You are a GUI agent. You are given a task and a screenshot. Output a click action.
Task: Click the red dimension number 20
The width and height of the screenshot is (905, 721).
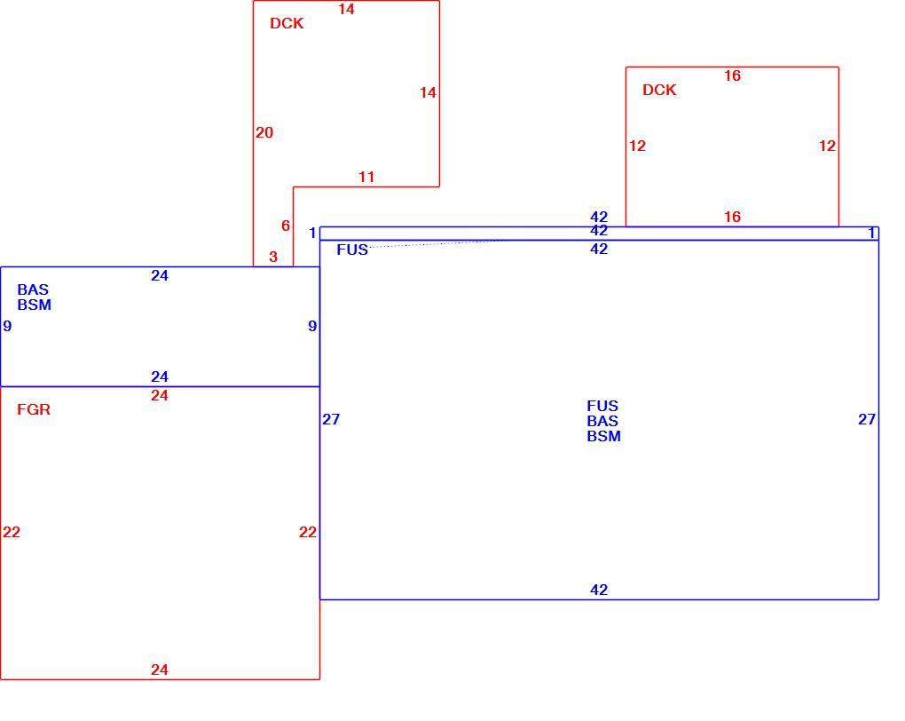tap(264, 133)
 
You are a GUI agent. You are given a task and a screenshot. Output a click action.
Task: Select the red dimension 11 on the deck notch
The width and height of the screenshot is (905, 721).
tap(366, 177)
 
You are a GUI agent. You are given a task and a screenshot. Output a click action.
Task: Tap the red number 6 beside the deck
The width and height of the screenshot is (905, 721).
tap(286, 226)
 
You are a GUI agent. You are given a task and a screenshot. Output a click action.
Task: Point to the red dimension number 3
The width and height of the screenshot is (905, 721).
tap(273, 257)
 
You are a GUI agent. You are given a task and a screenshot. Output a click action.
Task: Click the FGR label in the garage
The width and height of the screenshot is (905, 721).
tap(34, 409)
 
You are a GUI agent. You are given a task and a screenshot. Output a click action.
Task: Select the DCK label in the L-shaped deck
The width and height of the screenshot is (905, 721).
tap(287, 23)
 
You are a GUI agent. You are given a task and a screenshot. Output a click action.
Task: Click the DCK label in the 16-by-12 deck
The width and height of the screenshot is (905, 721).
tap(659, 91)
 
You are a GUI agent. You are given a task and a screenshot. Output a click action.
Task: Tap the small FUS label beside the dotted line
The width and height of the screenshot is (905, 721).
tap(352, 250)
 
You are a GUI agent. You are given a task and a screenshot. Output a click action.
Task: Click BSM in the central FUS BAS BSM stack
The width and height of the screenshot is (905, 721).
tap(603, 436)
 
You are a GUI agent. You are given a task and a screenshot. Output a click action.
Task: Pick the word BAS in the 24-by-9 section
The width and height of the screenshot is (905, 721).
tap(33, 289)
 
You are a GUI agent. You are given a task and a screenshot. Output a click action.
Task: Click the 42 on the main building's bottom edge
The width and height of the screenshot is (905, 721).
tap(599, 590)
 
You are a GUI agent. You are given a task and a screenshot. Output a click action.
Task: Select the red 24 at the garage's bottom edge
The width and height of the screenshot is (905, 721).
tap(160, 669)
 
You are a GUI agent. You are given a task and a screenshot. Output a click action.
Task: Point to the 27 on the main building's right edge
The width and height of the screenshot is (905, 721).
tap(867, 419)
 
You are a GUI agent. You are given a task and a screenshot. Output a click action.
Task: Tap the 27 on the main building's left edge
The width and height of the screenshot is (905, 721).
tap(331, 419)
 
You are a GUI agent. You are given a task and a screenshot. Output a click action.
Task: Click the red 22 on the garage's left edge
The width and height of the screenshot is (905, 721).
tap(12, 532)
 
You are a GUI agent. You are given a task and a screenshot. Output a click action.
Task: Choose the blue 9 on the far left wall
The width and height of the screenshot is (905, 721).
tap(7, 327)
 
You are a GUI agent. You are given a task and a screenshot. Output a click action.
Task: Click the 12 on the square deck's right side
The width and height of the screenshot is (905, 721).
tap(827, 146)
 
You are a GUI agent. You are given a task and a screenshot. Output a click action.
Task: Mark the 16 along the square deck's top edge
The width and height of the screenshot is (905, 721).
tap(732, 75)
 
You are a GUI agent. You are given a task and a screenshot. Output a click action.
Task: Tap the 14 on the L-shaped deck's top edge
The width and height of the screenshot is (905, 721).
tap(346, 9)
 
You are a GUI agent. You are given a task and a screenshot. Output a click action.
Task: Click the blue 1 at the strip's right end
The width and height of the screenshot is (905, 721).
tap(872, 233)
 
